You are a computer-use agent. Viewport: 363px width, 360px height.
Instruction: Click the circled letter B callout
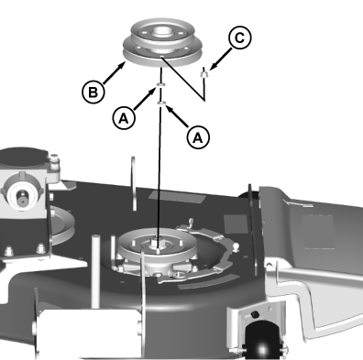point(93,92)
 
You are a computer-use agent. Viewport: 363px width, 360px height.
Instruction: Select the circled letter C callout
point(240,38)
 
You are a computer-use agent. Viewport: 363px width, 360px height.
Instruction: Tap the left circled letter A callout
point(124,118)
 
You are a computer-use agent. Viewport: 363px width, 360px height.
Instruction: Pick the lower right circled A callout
point(198,137)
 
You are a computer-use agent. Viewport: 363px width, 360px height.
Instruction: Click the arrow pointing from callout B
point(115,72)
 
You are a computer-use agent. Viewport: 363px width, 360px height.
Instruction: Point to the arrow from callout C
point(220,59)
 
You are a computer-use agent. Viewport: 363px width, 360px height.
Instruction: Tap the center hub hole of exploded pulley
point(161,30)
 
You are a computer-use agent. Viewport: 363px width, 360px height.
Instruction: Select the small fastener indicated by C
point(203,74)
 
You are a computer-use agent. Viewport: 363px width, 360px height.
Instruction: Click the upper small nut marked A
point(160,85)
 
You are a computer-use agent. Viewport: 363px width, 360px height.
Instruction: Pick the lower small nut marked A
point(161,104)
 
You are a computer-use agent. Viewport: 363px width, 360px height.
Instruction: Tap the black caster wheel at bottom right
point(262,339)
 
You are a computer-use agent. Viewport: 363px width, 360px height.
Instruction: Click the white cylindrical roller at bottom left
point(89,333)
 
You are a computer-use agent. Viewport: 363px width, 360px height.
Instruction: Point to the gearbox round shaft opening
point(21,194)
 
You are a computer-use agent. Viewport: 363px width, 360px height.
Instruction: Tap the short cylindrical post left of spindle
point(95,271)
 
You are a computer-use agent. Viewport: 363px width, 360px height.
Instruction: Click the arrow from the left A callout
point(145,99)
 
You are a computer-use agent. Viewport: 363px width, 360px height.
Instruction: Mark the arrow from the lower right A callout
point(177,116)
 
